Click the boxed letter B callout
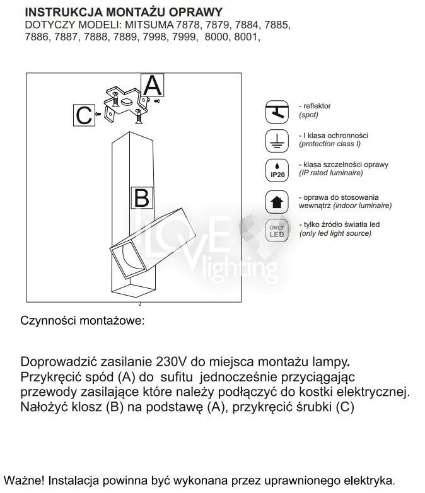coord(141,198)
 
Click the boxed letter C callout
coord(84,115)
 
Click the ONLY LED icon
coord(276,230)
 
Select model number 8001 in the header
coord(247,37)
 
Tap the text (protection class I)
coord(330,144)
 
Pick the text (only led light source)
coord(335,233)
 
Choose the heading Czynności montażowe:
coord(83,320)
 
